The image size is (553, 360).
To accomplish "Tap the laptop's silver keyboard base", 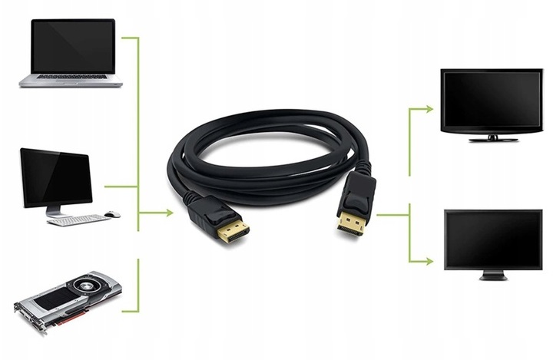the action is (x=71, y=79).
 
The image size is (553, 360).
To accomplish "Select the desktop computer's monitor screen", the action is (x=55, y=177).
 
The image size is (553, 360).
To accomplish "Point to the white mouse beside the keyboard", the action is (x=113, y=214).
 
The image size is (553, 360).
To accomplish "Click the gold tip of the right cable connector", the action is (x=349, y=224).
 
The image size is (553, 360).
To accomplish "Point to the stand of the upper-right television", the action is (x=492, y=138).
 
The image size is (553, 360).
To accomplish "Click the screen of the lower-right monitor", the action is (x=492, y=239).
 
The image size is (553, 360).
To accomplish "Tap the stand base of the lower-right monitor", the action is (x=492, y=277).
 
